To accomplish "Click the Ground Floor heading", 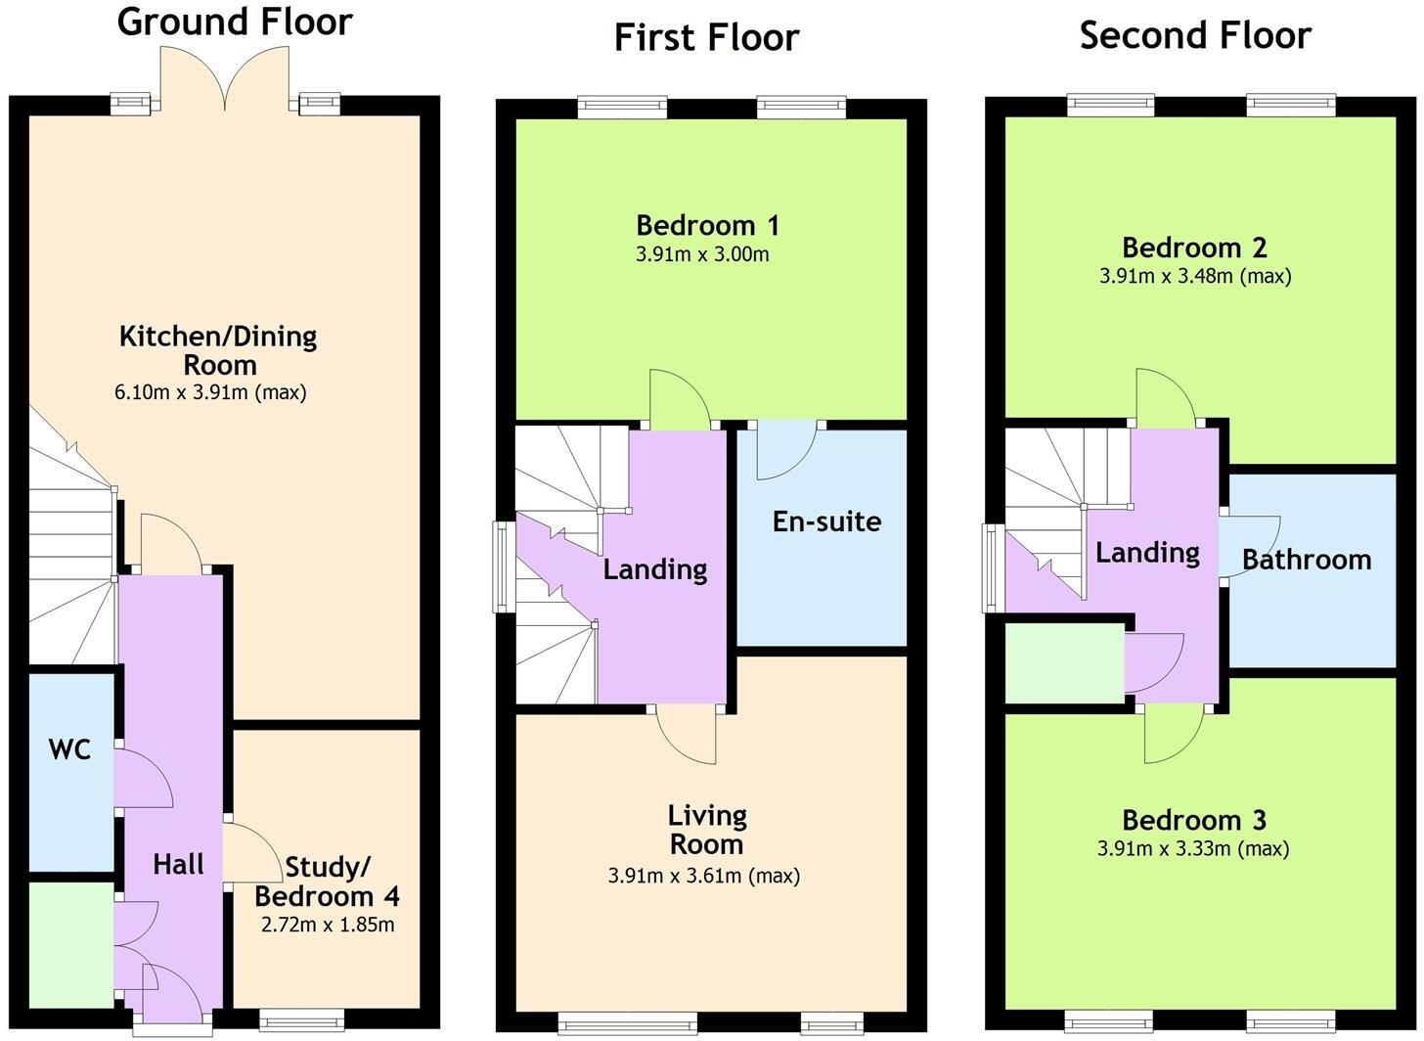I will [x=235, y=22].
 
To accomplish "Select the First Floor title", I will [x=706, y=37].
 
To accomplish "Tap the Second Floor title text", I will [x=1195, y=35].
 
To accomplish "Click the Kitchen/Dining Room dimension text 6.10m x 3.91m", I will [x=210, y=392].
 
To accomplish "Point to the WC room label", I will [x=69, y=750].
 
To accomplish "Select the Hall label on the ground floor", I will [x=178, y=864].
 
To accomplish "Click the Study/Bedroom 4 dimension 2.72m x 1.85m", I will [x=328, y=925].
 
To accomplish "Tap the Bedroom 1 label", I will [x=707, y=225].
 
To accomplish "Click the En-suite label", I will [x=826, y=521].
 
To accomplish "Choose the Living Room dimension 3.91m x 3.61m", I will [x=704, y=876].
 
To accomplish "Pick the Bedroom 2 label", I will [x=1194, y=247].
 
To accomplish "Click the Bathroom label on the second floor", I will [x=1307, y=560].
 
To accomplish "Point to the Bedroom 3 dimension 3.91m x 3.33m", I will [x=1193, y=848].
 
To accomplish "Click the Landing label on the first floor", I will [x=654, y=568].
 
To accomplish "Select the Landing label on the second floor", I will [x=1147, y=553].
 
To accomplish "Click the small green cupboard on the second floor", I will [x=1064, y=664].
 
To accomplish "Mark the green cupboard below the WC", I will [x=69, y=944].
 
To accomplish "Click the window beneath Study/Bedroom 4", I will [x=302, y=1020].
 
